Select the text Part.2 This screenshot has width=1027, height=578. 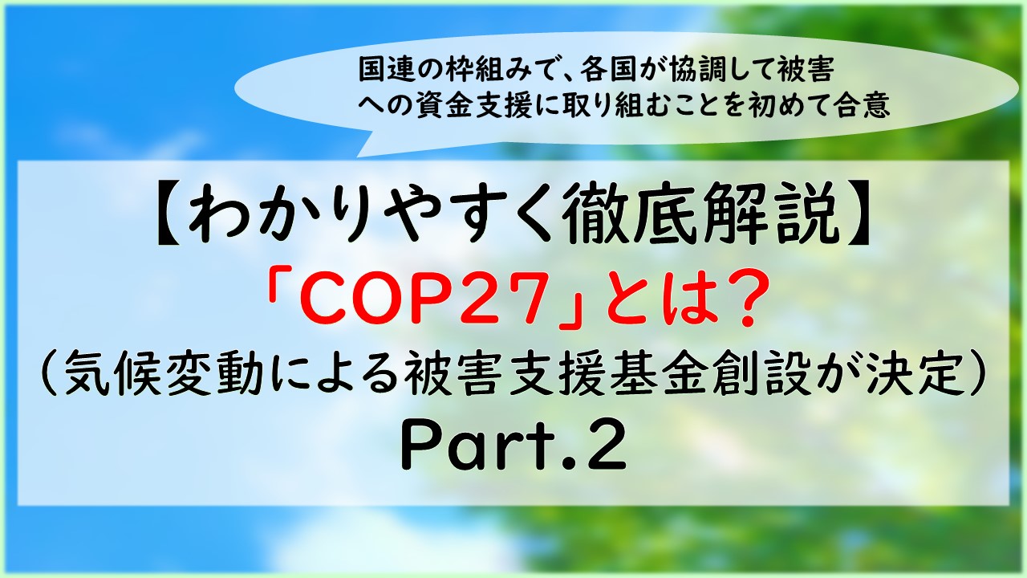pos(513,446)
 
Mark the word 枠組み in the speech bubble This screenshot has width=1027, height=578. pos(505,70)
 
